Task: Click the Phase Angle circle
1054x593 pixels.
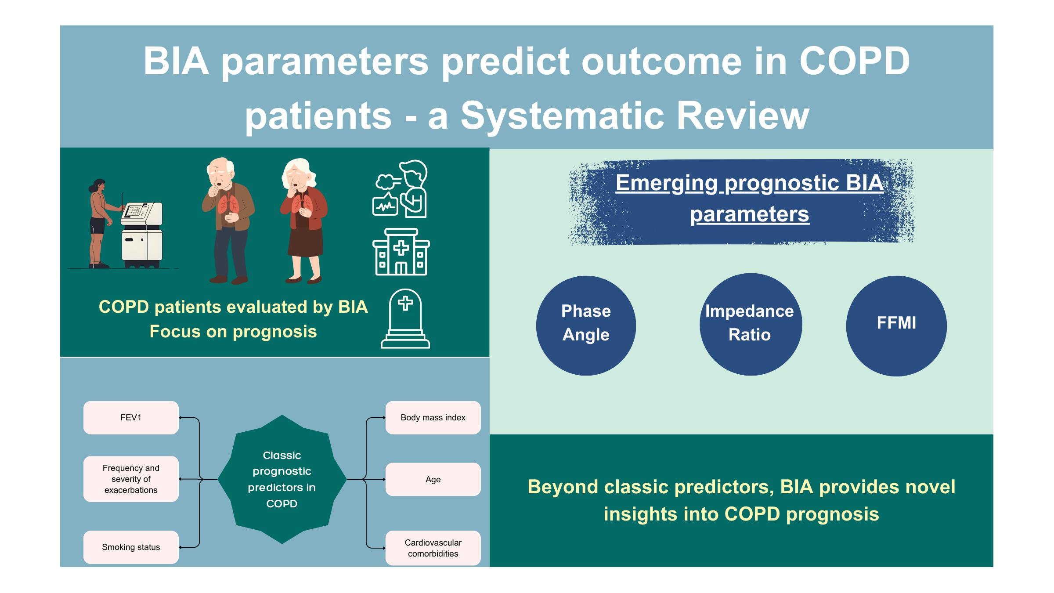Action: (x=586, y=325)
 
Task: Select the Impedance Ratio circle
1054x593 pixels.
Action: (x=751, y=325)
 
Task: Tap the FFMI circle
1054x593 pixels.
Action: (x=896, y=325)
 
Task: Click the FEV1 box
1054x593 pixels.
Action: (x=131, y=418)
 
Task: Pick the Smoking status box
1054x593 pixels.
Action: (x=131, y=547)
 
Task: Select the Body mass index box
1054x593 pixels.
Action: (x=433, y=418)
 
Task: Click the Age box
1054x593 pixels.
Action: (x=433, y=480)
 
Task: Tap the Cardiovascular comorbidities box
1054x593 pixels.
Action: (x=433, y=548)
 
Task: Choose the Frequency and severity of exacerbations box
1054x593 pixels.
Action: (x=131, y=479)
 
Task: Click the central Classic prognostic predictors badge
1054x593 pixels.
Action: (x=282, y=480)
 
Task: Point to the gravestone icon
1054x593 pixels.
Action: (x=405, y=319)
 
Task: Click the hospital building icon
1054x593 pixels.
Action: (x=401, y=252)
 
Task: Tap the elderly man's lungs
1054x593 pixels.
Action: (x=228, y=204)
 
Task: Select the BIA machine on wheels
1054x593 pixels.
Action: (x=142, y=235)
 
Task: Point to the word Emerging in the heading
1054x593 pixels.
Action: (x=666, y=183)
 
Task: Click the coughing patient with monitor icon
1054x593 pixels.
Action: (x=400, y=189)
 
